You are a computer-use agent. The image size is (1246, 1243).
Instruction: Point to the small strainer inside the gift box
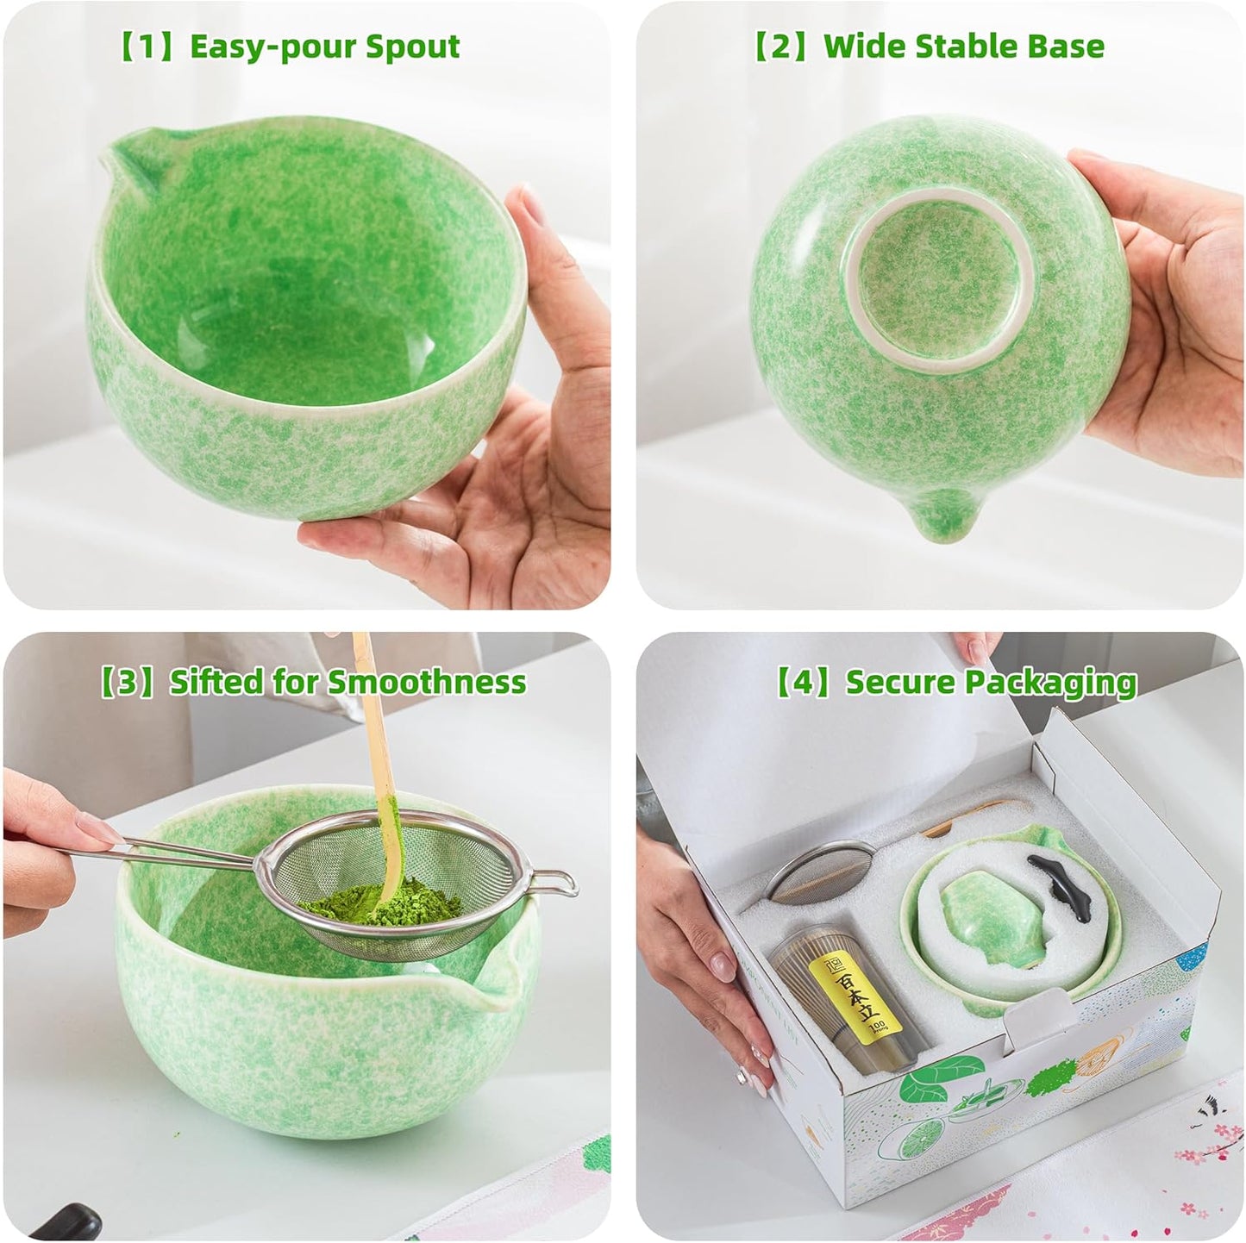pos(815,871)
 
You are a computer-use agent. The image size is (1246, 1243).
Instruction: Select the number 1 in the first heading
pos(149,47)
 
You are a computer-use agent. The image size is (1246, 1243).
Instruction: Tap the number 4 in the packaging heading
pos(805,682)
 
